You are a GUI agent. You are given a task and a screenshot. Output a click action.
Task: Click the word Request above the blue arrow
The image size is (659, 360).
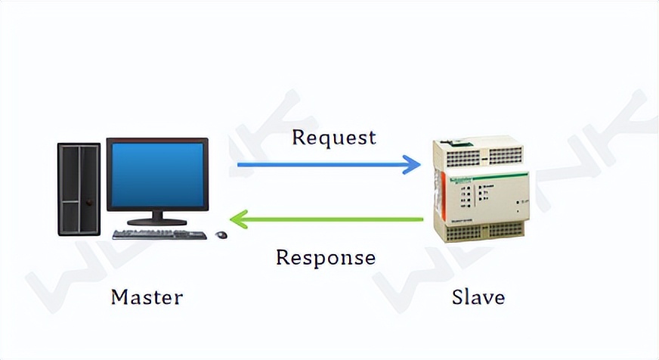click(x=333, y=138)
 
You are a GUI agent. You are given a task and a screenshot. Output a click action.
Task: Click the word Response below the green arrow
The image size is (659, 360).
click(x=325, y=257)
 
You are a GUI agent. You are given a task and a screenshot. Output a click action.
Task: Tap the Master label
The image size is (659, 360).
click(x=147, y=296)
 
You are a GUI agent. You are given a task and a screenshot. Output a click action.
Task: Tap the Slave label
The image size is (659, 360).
click(x=478, y=296)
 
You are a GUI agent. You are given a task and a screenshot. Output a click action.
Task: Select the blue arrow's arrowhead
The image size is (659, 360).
click(x=412, y=163)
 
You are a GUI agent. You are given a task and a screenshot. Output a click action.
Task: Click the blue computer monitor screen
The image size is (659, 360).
click(x=157, y=175)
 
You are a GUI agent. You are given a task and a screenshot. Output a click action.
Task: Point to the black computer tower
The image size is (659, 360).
click(x=79, y=188)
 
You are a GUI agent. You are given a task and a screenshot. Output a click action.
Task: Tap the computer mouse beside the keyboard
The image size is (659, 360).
click(x=221, y=234)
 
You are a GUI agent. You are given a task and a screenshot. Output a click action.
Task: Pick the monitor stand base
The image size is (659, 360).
click(x=157, y=221)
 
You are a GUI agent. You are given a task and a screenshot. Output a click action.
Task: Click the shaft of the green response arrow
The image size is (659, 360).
click(x=333, y=219)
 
